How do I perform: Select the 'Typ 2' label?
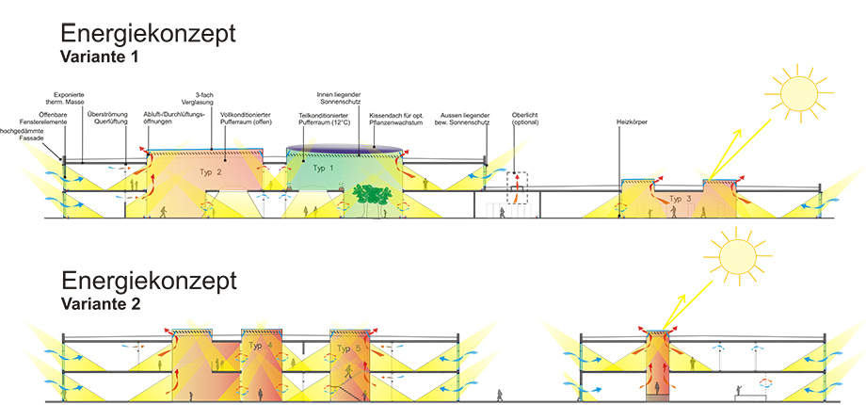coord(211,173)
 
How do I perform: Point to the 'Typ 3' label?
coord(682,199)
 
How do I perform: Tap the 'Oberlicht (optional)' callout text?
coord(523,120)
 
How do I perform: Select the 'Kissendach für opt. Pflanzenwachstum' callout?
coord(408,119)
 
